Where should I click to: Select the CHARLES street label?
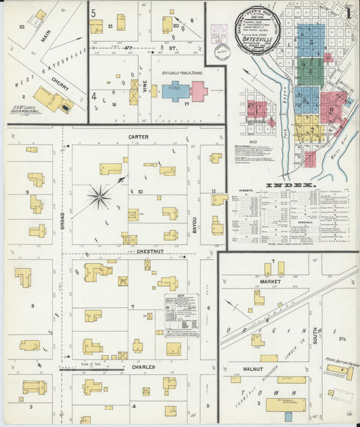coord(143,368)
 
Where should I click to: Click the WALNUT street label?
coord(253,370)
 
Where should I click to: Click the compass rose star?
coord(100,197)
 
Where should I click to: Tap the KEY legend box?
coord(181,314)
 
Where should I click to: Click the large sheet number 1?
coord(348,12)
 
